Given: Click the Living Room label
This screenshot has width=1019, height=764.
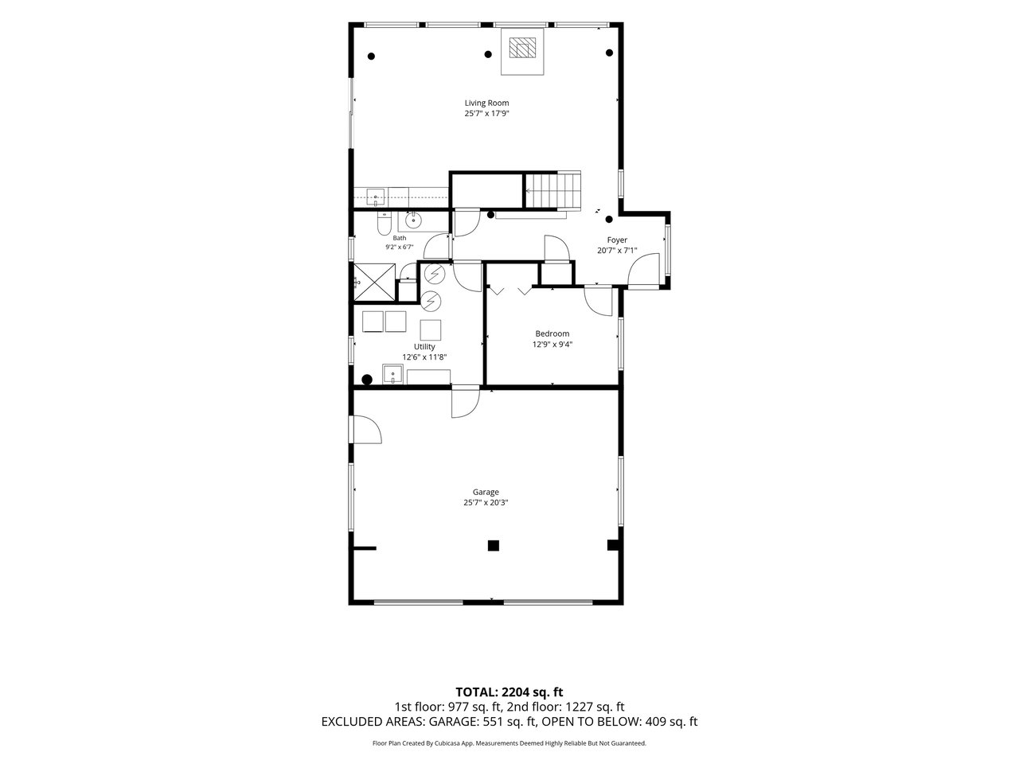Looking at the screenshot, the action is tap(486, 103).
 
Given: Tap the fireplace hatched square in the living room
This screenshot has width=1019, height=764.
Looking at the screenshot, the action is tap(522, 48).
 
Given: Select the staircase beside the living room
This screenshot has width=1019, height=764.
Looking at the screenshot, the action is tap(552, 190).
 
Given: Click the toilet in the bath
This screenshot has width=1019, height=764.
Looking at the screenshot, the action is tap(384, 224).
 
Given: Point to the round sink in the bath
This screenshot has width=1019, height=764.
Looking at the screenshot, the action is tap(412, 220).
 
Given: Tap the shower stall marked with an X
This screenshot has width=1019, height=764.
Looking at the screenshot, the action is tap(374, 283).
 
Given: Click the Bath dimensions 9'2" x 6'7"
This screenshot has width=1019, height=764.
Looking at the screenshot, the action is tap(400, 248).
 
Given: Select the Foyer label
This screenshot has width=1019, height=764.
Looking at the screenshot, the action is tap(617, 240).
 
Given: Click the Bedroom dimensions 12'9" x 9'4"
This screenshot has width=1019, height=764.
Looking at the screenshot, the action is tap(552, 344).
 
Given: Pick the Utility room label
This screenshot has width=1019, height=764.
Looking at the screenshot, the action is tap(424, 346).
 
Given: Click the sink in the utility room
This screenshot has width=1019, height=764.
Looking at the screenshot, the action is tap(392, 374).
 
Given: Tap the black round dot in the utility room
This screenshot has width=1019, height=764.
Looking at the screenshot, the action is tap(367, 380).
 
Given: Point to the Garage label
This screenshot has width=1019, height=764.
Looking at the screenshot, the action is tap(486, 492).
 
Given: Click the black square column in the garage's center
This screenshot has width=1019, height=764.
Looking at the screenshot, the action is tap(493, 545).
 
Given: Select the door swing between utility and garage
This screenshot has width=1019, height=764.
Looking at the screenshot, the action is tap(465, 402).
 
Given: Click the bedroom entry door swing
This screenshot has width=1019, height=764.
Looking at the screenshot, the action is tap(599, 301).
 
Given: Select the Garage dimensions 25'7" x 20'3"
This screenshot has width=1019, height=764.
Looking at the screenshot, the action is tap(486, 502).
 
